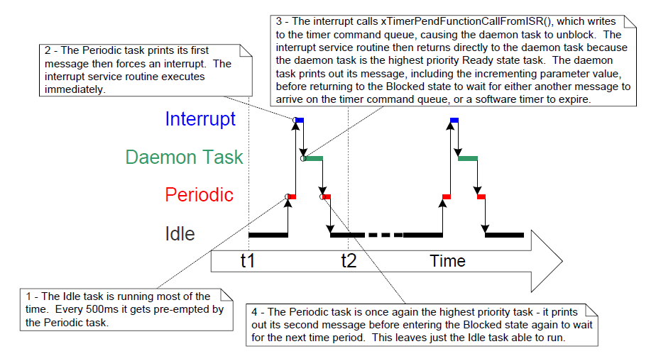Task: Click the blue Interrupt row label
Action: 200,118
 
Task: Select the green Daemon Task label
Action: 184,157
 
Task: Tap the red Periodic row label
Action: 199,194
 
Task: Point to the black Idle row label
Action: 180,233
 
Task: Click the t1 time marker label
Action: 247,260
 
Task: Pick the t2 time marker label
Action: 349,260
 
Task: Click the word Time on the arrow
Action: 447,261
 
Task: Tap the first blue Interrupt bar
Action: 299,121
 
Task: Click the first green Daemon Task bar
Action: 314,158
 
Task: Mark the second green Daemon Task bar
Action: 467,158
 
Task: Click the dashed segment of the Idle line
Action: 385,234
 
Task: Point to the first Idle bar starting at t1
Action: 268,234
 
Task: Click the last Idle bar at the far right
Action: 504,234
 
